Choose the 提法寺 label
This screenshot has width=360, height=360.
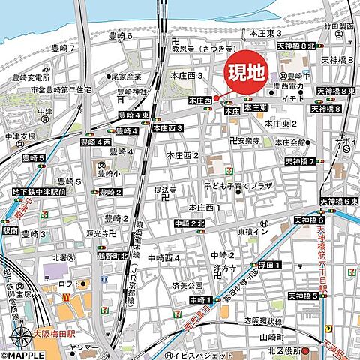pos(166,190)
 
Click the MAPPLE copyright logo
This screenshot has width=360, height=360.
pos(26,354)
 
